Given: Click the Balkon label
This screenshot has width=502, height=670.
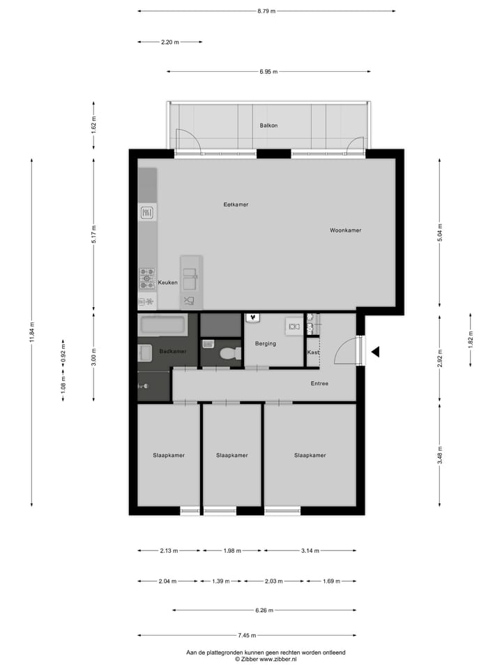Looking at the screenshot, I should pos(268,126).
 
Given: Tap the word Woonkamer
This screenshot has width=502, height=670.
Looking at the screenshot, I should pos(346,230).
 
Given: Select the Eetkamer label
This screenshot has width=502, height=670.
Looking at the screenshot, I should pos(236,204).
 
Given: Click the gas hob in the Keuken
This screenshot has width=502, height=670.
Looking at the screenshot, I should pos(147,278).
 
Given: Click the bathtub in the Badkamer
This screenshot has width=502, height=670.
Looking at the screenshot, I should pos(162,325).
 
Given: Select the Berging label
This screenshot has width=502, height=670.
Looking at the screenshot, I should pos(266,343).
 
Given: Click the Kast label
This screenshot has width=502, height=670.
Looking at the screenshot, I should pos(313,352).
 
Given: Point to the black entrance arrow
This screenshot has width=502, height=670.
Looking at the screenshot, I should pos(375,352).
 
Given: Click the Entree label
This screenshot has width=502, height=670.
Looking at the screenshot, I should pos(319,384).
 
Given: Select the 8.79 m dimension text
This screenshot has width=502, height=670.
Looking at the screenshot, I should pos(266,11).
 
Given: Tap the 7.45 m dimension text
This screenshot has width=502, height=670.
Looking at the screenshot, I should pos(247,635).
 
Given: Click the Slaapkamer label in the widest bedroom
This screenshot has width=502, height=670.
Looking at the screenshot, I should pos(310,455).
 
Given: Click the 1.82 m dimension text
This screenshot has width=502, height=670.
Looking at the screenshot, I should pos(471,341).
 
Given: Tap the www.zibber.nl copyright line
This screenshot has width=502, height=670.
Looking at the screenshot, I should pos(266,659).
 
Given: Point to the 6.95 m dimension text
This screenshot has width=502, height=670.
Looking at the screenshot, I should pos(268,71).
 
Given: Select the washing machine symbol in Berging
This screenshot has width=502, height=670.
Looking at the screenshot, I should pos(294,326).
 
